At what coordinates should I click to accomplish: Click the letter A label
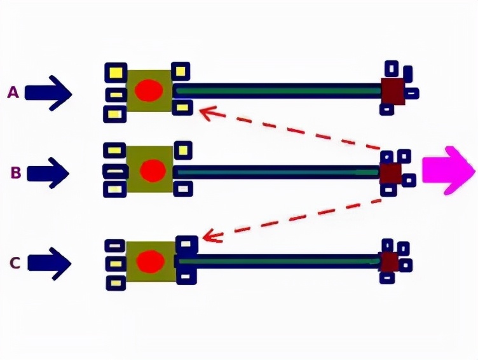point(13,93)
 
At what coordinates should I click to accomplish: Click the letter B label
point(16,172)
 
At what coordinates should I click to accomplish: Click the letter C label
point(15,261)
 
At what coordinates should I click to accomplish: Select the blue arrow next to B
point(48,172)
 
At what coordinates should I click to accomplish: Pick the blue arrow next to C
point(49,263)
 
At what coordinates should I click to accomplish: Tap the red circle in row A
point(149,91)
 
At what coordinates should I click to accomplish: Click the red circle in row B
point(153,170)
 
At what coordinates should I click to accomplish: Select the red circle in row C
point(151,260)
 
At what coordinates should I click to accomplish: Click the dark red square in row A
point(393,90)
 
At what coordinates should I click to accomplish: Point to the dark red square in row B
point(390,172)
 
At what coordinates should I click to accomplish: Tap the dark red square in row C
point(389,261)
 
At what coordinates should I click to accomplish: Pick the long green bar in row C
point(280,260)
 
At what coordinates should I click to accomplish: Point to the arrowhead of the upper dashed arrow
point(204,113)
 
